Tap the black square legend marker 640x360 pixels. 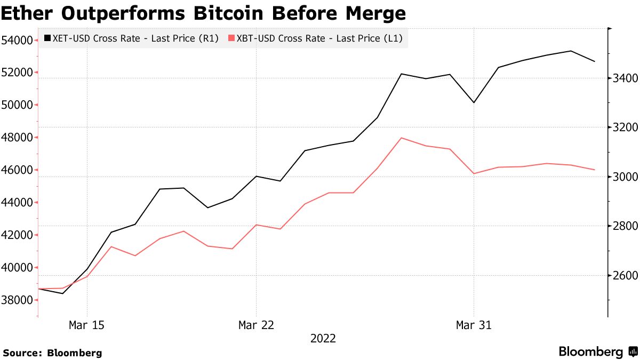[47, 38]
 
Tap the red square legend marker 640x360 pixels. [231, 38]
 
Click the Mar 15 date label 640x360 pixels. [87, 325]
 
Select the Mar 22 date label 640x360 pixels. [256, 325]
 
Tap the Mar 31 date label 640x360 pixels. [474, 325]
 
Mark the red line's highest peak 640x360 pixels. [401, 138]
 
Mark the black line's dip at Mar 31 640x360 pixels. [474, 102]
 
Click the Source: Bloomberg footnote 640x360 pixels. [52, 353]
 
